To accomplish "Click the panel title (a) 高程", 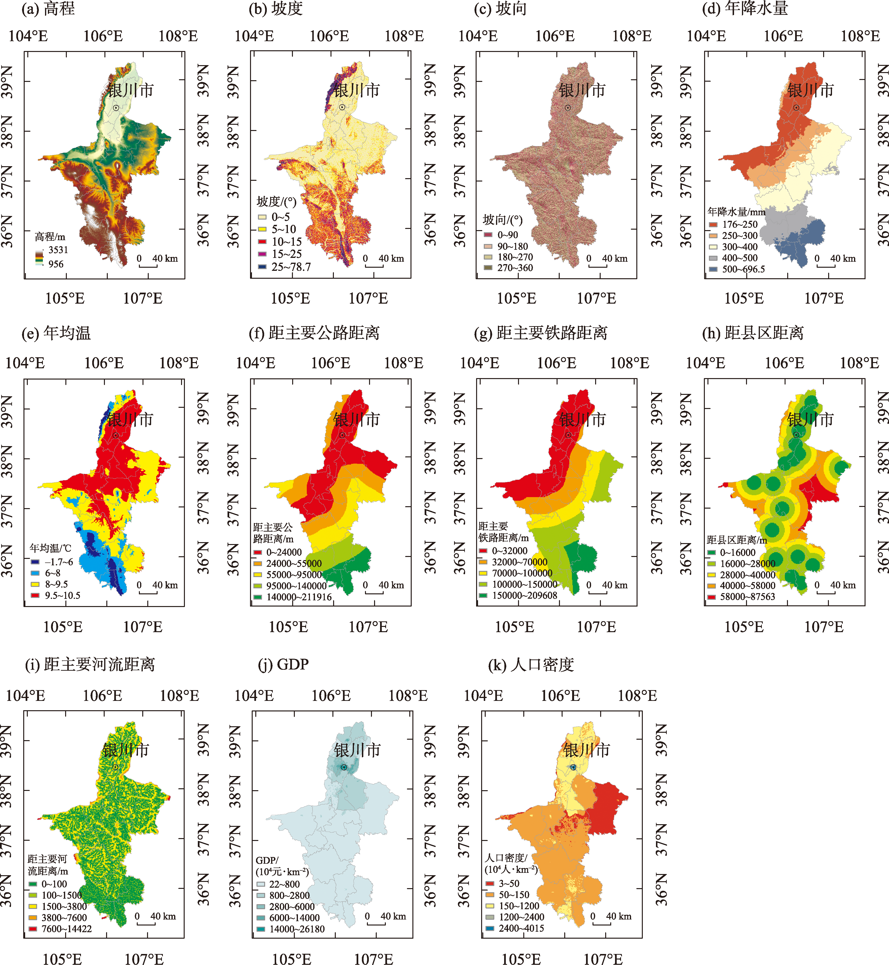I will point(48,9).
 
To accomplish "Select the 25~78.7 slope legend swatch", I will point(262,267).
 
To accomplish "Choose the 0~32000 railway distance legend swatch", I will point(484,551).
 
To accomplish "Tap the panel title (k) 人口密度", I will point(531,665).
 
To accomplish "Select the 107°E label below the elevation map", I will point(143,298).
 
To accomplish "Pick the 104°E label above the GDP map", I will point(254,696).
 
